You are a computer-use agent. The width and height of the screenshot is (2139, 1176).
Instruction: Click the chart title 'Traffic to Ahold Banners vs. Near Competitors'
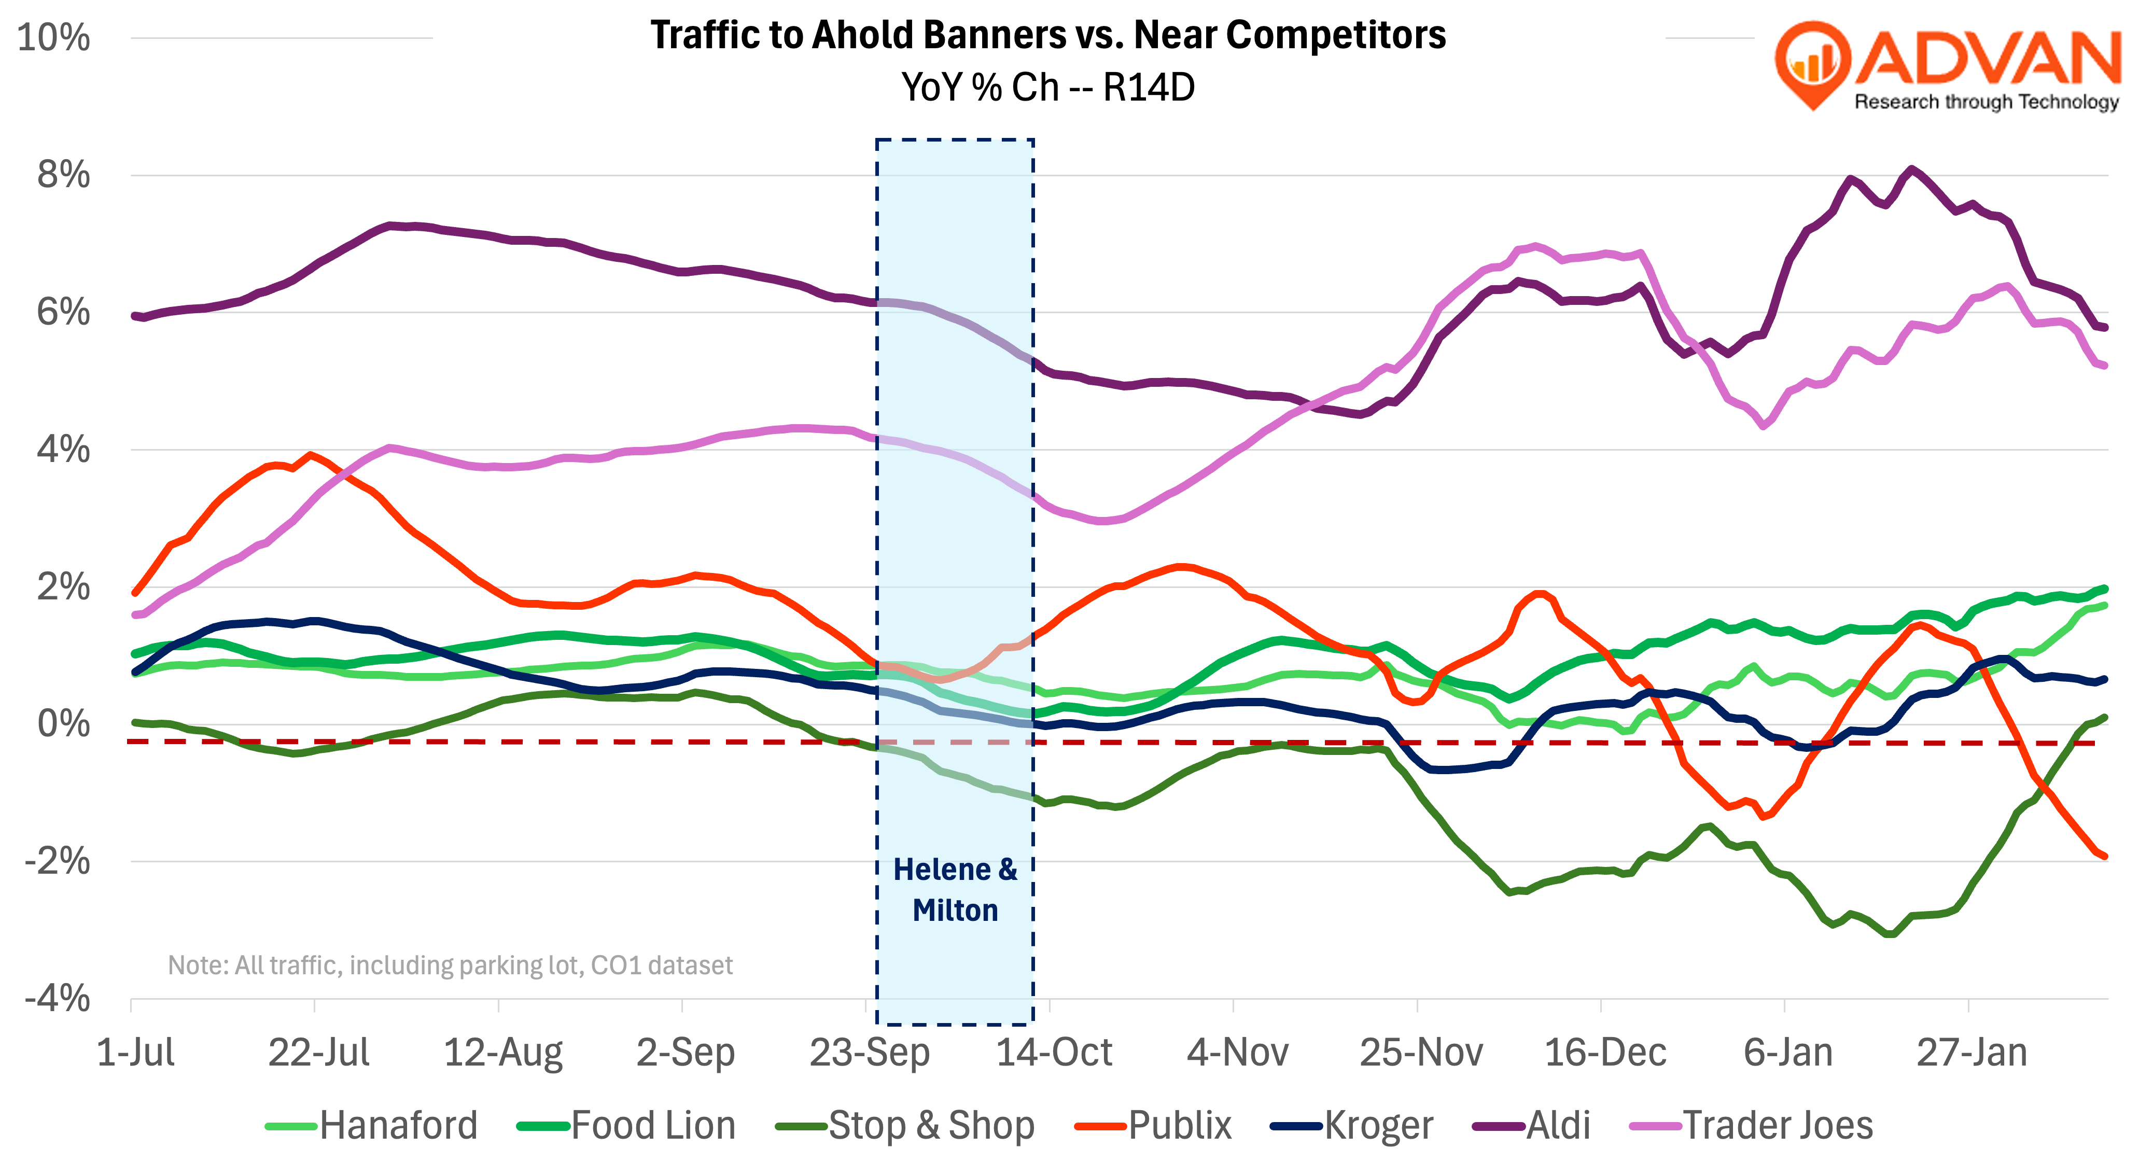[x=1048, y=35]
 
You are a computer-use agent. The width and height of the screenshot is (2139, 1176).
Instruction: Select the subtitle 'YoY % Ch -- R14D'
[x=1048, y=87]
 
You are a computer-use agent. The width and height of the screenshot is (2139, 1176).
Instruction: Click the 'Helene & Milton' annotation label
[x=955, y=889]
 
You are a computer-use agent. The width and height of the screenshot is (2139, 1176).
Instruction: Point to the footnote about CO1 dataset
[x=450, y=965]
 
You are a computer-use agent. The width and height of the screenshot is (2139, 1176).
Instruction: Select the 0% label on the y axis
[x=63, y=723]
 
